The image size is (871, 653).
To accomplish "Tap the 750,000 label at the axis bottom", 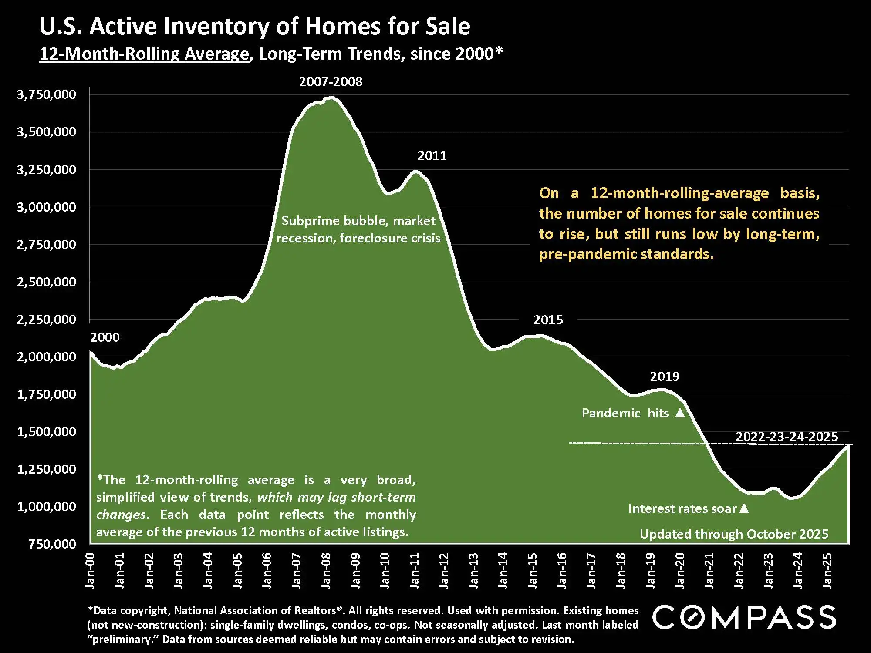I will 52,544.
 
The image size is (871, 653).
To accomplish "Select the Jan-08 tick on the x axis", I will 326,570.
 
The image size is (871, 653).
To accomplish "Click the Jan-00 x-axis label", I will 90,570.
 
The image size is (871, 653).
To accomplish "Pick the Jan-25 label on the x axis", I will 827,570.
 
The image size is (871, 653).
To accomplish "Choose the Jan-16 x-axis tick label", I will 562,570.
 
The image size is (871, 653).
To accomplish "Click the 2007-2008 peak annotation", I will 331,82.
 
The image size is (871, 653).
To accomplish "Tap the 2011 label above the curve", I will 432,156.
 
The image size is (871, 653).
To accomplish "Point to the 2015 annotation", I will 548,320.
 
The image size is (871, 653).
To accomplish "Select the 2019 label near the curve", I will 664,377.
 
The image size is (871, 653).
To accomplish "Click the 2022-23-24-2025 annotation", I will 787,437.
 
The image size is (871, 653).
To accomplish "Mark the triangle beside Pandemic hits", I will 680,413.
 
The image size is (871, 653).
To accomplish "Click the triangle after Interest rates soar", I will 744,508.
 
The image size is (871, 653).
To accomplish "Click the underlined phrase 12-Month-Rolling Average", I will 144,54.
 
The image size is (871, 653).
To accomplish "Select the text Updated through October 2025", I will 734,534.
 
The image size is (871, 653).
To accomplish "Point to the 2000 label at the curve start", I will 105,337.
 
